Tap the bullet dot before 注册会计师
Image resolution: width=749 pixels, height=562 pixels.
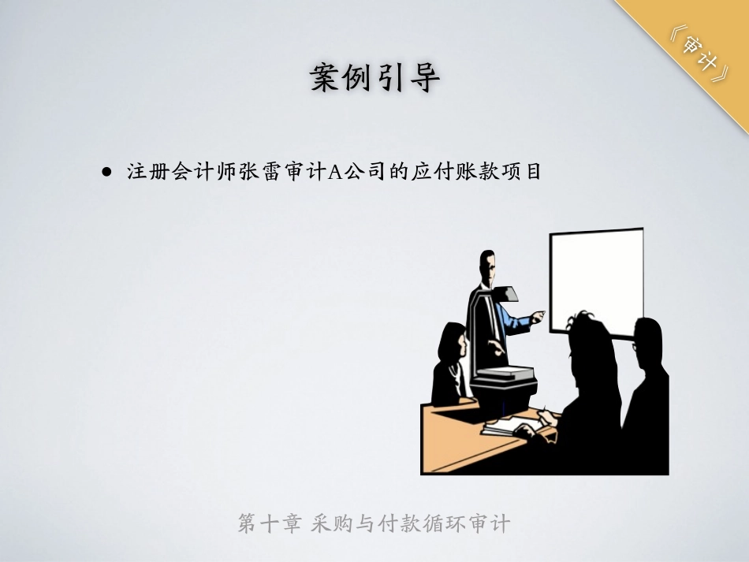pos(107,172)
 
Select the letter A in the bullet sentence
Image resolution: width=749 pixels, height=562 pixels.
pos(334,173)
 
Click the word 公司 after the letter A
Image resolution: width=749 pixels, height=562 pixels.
pos(363,173)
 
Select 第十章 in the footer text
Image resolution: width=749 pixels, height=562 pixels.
pos(267,523)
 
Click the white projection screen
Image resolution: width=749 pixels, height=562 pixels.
pos(596,280)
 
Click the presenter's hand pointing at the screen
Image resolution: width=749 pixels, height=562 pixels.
pos(538,317)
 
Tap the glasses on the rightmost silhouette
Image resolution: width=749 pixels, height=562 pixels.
pos(635,344)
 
